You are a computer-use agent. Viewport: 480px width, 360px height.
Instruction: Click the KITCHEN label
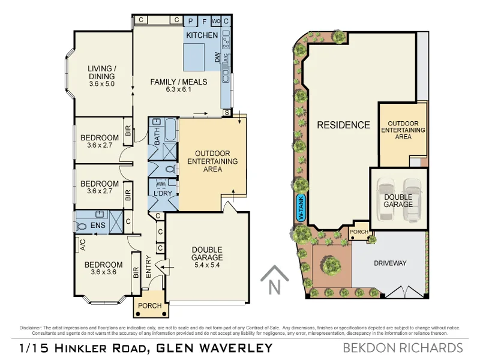pyautogui.click(x=202, y=35)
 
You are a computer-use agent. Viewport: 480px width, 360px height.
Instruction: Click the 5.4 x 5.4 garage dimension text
pyautogui.click(x=207, y=259)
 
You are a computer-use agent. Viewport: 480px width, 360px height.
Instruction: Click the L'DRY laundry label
pyautogui.click(x=163, y=193)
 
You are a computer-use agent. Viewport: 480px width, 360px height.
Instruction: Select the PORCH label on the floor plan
pyautogui.click(x=149, y=305)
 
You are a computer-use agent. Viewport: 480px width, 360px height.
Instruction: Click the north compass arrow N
pyautogui.click(x=274, y=281)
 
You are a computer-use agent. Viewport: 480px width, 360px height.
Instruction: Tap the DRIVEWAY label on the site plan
pyautogui.click(x=390, y=263)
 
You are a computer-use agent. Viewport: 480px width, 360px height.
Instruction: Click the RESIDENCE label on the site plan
pyautogui.click(x=343, y=125)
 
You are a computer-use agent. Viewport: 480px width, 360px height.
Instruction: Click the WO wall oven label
pyautogui.click(x=216, y=20)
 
